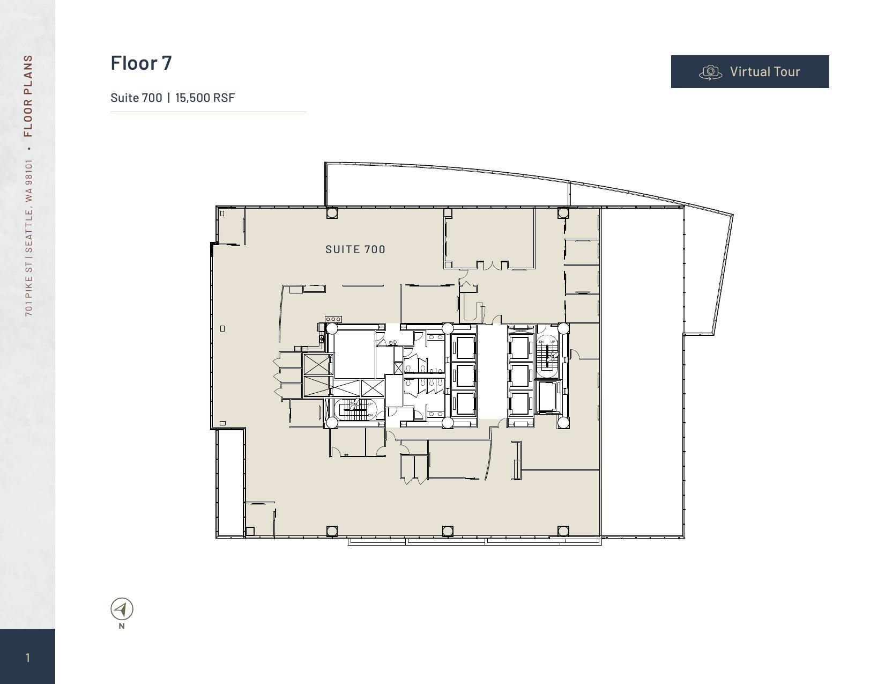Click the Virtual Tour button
[749, 71]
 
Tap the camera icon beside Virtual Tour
[711, 72]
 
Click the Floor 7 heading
[141, 63]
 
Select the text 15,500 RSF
[205, 98]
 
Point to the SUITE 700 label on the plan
[355, 249]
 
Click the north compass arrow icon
[122, 609]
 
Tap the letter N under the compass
[122, 626]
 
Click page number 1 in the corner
[27, 658]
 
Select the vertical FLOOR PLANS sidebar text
[28, 95]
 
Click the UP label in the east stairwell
[553, 342]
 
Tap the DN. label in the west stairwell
[370, 415]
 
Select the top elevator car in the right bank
[519, 348]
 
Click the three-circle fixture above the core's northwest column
[333, 319]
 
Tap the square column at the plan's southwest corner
[250, 531]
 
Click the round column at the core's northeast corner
[563, 328]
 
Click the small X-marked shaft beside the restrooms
[398, 368]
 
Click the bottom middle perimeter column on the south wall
[448, 531]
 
